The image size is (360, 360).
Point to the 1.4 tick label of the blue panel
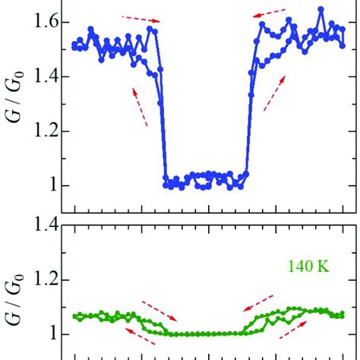[49, 77]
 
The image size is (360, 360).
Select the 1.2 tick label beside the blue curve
[49, 131]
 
